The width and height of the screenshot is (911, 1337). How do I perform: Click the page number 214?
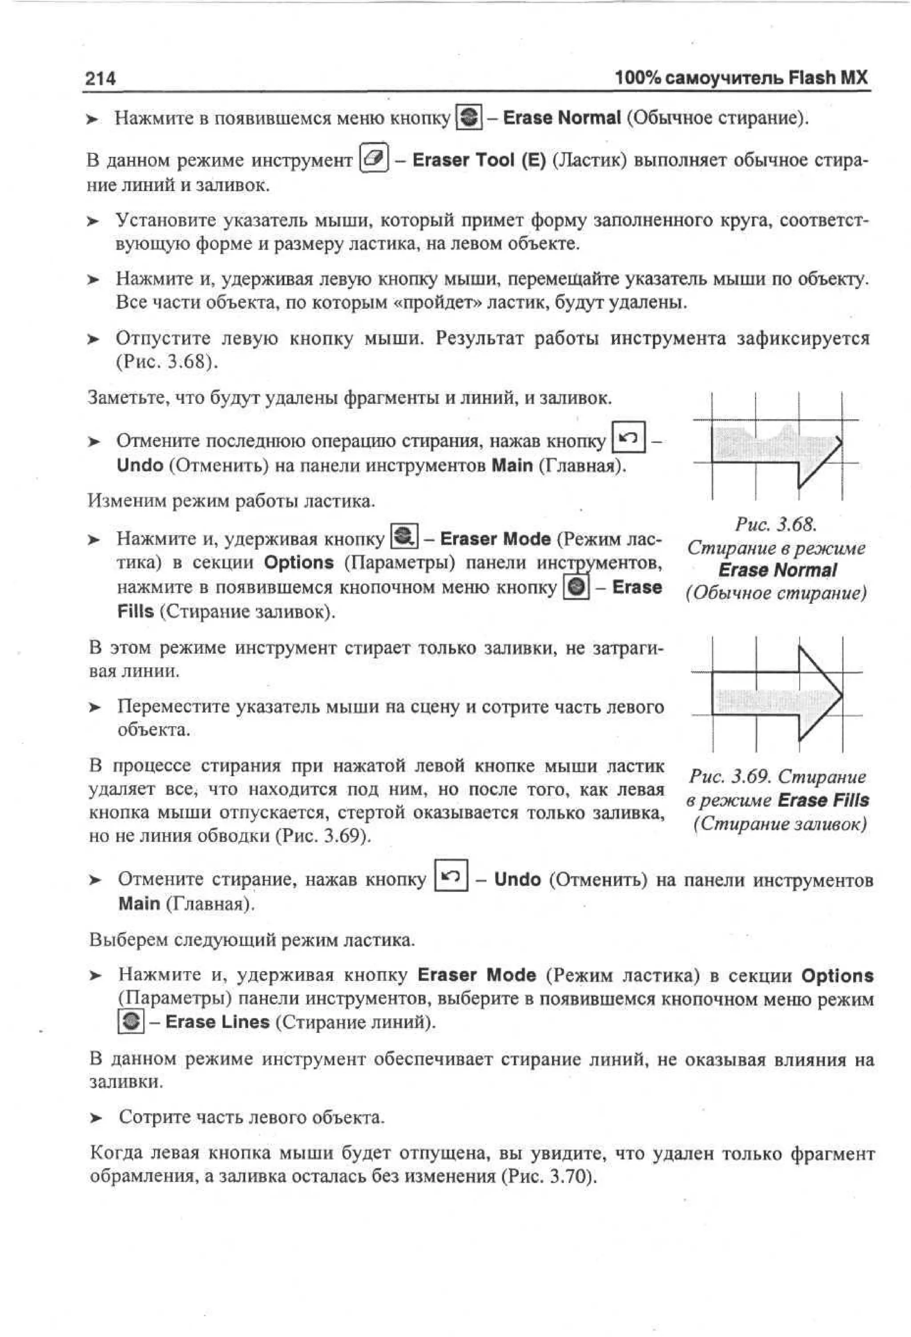100,78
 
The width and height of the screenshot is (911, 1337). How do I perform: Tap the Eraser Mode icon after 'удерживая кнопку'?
404,537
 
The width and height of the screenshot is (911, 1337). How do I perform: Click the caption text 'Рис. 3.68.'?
776,524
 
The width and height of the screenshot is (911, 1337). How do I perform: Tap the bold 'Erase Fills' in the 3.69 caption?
823,800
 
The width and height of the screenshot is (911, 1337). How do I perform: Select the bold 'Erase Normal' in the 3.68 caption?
777,570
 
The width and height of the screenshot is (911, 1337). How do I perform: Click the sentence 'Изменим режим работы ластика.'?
231,501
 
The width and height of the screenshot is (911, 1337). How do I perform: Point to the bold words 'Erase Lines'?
217,1022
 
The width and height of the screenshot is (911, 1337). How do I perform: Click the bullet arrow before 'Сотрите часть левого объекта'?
95,1118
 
